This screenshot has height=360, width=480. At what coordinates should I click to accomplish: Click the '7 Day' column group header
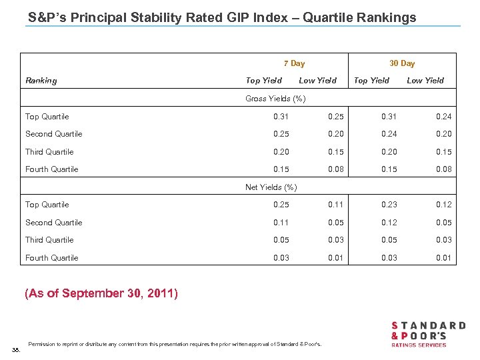point(294,63)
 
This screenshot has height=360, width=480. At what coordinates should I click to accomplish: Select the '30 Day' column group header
point(402,63)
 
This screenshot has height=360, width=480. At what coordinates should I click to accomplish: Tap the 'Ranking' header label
point(41,81)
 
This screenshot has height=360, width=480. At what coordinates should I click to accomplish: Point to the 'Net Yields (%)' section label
point(271,187)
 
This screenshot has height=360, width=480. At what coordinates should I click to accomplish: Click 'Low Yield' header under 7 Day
point(317,81)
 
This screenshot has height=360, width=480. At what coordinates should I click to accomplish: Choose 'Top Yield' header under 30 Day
point(371,81)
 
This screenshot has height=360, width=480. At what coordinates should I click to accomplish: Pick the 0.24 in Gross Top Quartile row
point(443,117)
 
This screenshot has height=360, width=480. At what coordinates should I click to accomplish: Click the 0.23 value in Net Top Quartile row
point(389,205)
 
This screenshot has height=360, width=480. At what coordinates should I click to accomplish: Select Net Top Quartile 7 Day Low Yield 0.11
point(335,205)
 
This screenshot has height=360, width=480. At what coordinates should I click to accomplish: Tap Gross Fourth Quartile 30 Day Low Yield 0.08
point(443,169)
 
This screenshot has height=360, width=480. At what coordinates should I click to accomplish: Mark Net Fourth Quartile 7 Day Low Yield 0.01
point(335,258)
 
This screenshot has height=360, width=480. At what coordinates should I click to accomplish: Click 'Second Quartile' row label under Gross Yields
point(53,134)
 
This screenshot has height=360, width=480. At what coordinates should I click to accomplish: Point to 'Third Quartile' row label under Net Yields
point(49,240)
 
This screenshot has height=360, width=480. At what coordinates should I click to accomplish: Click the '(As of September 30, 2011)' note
point(101,293)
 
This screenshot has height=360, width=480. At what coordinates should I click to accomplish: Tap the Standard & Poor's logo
point(427,333)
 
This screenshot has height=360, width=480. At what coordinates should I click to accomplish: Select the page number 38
point(16,348)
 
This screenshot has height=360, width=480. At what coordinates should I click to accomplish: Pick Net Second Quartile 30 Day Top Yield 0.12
point(389,223)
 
